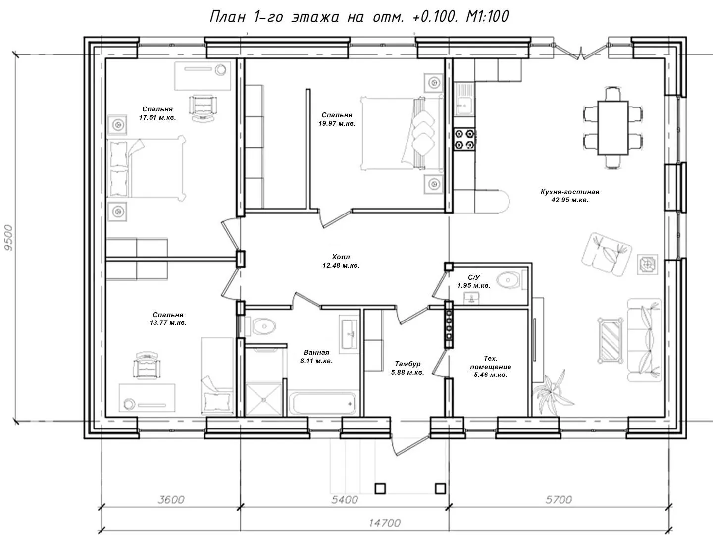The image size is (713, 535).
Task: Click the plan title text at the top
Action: click(x=359, y=16)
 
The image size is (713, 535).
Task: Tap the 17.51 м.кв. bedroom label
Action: click(x=157, y=113)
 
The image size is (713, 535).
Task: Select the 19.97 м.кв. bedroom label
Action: click(x=337, y=119)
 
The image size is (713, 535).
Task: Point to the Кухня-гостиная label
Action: click(x=570, y=196)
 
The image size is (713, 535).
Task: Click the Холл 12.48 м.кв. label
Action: click(x=341, y=261)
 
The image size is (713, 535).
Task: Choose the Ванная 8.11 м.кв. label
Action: click(x=316, y=356)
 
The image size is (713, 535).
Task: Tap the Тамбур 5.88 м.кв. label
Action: click(x=407, y=368)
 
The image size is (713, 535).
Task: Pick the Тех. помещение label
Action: click(x=491, y=367)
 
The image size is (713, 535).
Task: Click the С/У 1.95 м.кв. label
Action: click(x=474, y=281)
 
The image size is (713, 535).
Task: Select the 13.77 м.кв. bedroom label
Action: click(x=168, y=319)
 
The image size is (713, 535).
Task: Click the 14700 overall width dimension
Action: click(x=385, y=523)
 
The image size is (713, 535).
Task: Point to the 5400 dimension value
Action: click(x=345, y=500)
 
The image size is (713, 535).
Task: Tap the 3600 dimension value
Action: click(x=171, y=500)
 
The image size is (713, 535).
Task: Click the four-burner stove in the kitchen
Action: click(x=464, y=139)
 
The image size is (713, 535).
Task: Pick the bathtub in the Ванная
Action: click(x=322, y=403)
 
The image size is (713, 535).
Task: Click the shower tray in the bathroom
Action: click(x=263, y=399)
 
